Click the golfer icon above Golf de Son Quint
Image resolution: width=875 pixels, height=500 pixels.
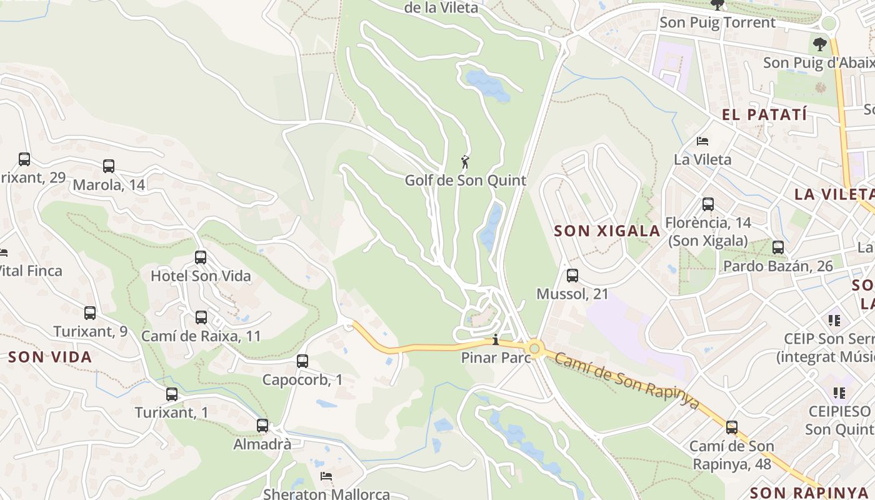[x=465, y=162]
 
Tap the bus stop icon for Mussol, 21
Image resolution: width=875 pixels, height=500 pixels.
[x=572, y=276]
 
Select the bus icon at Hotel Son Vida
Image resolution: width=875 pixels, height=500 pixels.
[x=201, y=257]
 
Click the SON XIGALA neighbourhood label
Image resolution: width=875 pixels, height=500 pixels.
[x=607, y=231]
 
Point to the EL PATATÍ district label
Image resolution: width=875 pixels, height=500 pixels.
[x=764, y=114]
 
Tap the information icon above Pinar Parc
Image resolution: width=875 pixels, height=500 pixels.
[x=496, y=340]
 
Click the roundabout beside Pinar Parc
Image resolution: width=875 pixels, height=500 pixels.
[x=534, y=349]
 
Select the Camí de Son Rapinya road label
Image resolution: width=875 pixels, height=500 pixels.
[x=626, y=380]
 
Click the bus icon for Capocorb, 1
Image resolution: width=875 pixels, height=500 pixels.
[x=302, y=361]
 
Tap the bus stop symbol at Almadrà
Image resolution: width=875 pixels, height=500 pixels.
[x=262, y=426]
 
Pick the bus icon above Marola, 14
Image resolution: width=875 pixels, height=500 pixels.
[x=109, y=166]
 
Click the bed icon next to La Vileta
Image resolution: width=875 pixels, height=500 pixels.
[x=702, y=141]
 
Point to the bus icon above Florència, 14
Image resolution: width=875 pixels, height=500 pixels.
[x=707, y=204]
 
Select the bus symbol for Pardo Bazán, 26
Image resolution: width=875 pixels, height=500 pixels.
[x=778, y=247]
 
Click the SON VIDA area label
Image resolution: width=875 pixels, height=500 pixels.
[x=50, y=357]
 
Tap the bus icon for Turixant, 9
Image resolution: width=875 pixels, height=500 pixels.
[x=90, y=313]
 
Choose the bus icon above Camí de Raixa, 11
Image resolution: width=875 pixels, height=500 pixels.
[x=201, y=317]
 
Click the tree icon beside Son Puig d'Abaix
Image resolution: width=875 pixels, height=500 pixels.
[x=819, y=44]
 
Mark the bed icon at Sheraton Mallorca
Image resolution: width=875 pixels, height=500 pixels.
[x=326, y=476]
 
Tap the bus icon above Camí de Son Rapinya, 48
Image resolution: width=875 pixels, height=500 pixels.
[x=731, y=428]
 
